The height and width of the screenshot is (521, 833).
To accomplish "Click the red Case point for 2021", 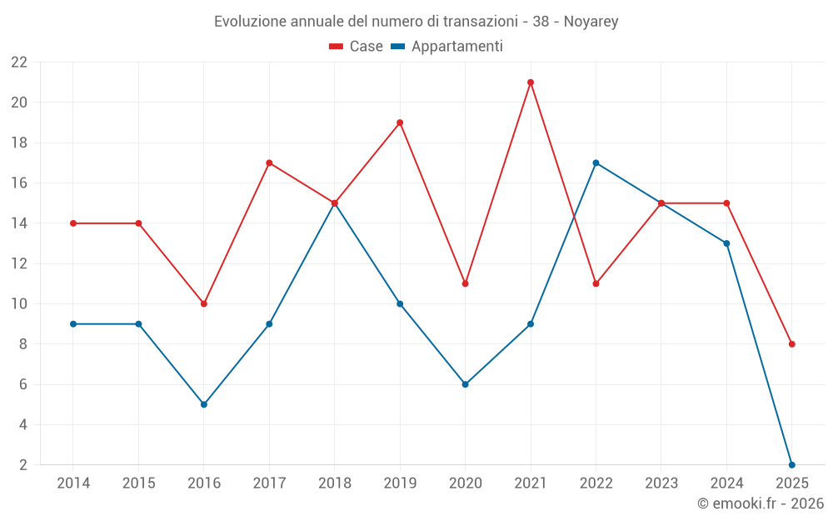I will pos(531,83).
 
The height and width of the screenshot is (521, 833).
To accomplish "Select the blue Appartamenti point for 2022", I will pos(596,163).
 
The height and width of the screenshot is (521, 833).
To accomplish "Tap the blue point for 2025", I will pos(791,464).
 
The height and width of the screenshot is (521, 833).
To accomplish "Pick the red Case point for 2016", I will pos(204,303).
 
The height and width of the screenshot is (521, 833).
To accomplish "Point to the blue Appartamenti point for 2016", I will pos(204,404).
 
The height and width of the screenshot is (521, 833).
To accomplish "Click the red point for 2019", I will pos(400,123).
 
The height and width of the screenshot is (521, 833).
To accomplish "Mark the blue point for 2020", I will pos(465,384).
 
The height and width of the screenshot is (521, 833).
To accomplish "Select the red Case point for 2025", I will pos(791,344).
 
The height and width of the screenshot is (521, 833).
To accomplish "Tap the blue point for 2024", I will pos(726,243).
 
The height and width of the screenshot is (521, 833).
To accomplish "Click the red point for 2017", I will pos(269,163).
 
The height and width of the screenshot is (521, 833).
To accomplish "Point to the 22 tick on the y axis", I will pos(18,63).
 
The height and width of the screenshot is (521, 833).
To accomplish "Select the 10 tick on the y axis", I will pos(18,303).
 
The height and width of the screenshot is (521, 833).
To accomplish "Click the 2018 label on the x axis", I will pos(334,483).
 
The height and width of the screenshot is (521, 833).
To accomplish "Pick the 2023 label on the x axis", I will pos(661,483).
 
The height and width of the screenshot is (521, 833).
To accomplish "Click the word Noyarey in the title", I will pos(591,22).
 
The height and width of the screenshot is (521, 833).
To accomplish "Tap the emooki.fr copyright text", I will pos(760,503).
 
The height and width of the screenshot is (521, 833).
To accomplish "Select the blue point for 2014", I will pos(73,323).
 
